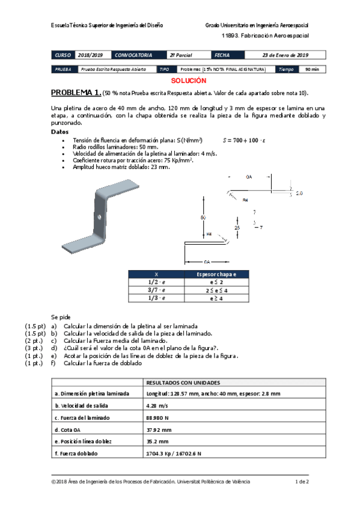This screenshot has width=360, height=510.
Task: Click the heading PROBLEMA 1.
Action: (76, 93)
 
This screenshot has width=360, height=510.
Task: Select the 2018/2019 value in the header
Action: (91, 55)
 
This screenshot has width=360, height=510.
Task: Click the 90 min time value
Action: (312, 70)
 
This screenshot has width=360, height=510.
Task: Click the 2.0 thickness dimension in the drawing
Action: (299, 194)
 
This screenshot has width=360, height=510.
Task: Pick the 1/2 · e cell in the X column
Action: (157, 281)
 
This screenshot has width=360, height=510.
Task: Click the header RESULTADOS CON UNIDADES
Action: (183, 382)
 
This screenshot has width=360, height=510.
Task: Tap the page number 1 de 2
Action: (302, 481)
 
